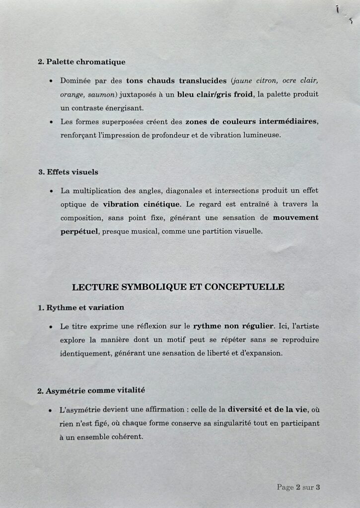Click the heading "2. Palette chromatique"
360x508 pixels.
81,62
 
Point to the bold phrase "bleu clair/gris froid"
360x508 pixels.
215,94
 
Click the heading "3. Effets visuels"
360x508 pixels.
68,172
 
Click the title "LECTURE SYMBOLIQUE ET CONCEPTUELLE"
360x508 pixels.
178,287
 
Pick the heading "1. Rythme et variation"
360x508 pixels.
81,308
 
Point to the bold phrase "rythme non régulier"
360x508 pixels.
233,326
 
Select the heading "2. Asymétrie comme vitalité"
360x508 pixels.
91,390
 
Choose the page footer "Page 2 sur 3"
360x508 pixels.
298,488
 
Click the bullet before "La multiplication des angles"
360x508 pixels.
51,191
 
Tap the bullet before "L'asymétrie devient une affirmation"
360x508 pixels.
51,411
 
